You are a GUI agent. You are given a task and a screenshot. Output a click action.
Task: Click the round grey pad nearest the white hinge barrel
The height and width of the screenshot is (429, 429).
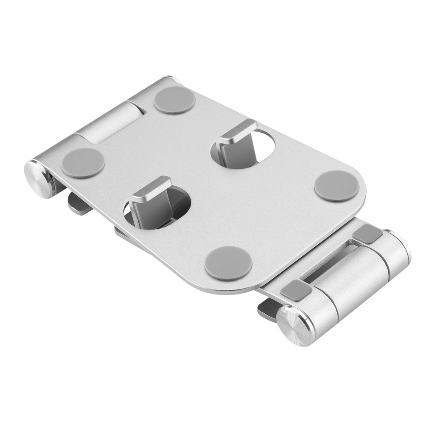(174, 100)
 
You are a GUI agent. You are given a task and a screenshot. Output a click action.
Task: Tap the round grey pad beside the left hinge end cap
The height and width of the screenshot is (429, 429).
(83, 163)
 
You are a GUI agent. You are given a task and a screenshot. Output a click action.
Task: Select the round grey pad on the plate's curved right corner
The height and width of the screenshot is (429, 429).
(336, 186)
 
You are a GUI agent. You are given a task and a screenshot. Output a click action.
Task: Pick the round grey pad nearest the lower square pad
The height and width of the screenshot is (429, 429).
(228, 263)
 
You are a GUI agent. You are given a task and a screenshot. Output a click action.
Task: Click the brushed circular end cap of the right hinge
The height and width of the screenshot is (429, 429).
(297, 325)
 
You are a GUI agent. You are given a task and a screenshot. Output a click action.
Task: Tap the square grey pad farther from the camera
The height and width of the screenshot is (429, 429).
(367, 233)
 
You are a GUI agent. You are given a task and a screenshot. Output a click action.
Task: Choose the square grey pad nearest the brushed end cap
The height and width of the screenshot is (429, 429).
(296, 290)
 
